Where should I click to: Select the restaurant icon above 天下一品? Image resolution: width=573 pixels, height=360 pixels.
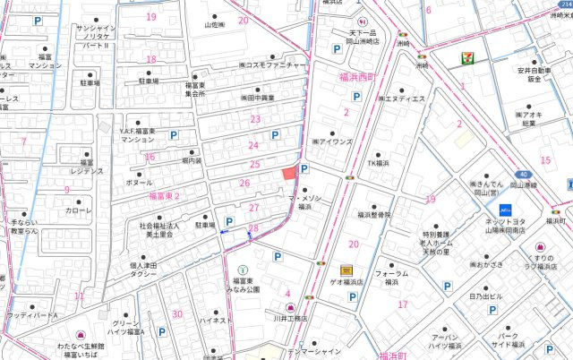point(360,20)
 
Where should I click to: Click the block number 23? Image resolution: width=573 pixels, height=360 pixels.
point(255,119)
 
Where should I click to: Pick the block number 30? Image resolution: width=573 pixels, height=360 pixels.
point(177,313)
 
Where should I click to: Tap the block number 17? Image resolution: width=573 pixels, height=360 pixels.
point(403,304)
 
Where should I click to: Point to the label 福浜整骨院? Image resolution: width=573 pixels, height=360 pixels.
point(374,215)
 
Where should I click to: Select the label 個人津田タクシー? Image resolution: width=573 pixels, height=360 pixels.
point(143,270)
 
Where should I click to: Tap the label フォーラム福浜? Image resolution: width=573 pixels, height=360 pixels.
point(391,277)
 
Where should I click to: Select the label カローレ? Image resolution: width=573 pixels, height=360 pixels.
point(79,211)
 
